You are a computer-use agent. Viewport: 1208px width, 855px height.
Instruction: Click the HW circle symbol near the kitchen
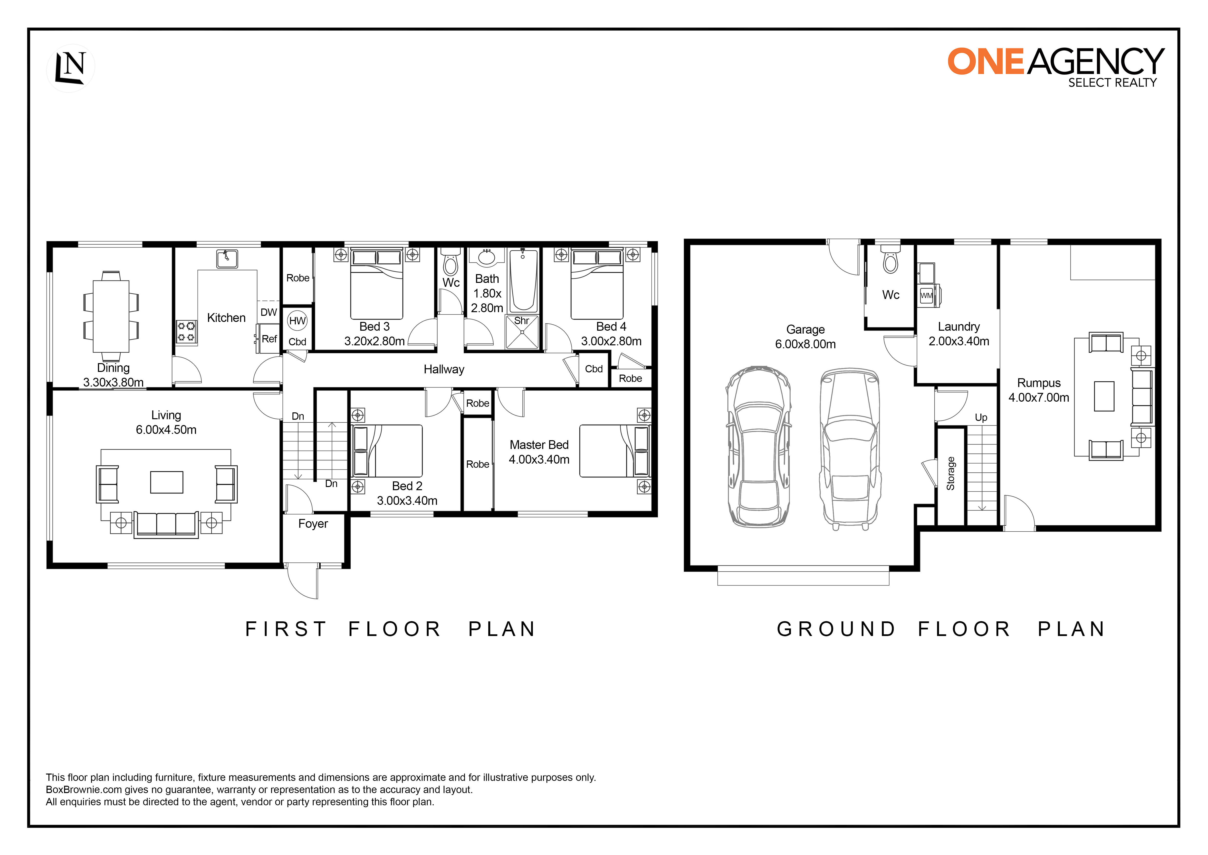(x=297, y=321)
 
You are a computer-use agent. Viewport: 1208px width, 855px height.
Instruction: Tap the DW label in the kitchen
(x=269, y=312)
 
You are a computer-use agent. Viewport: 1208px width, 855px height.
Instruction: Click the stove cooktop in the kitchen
(x=186, y=332)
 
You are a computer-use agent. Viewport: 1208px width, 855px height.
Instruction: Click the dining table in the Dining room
(x=111, y=316)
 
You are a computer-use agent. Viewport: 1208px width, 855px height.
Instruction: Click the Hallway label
(x=444, y=370)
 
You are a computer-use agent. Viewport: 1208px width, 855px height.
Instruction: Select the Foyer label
(x=313, y=524)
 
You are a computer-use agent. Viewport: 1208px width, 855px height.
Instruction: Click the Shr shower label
(x=521, y=321)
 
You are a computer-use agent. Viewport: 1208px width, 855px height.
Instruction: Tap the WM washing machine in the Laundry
(x=927, y=295)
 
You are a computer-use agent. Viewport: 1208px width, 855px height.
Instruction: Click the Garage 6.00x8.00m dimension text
(x=805, y=344)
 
